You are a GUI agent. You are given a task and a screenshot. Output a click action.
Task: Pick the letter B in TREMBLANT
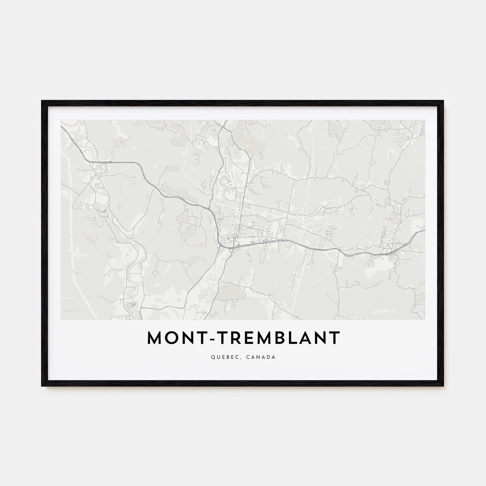point(287,338)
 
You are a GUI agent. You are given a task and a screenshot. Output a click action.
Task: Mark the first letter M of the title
point(154,338)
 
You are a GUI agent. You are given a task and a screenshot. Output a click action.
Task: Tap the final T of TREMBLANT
point(334,338)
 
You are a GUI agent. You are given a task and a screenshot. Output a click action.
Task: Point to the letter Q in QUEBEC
point(212,357)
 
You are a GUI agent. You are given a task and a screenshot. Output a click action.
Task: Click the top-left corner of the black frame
point(42,101)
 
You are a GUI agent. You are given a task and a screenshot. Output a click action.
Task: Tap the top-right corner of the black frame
point(444,101)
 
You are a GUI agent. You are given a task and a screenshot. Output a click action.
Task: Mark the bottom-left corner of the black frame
point(42,386)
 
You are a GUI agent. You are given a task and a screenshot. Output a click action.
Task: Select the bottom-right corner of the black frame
point(444,386)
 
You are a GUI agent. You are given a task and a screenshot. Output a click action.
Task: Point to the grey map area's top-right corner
point(425,120)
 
